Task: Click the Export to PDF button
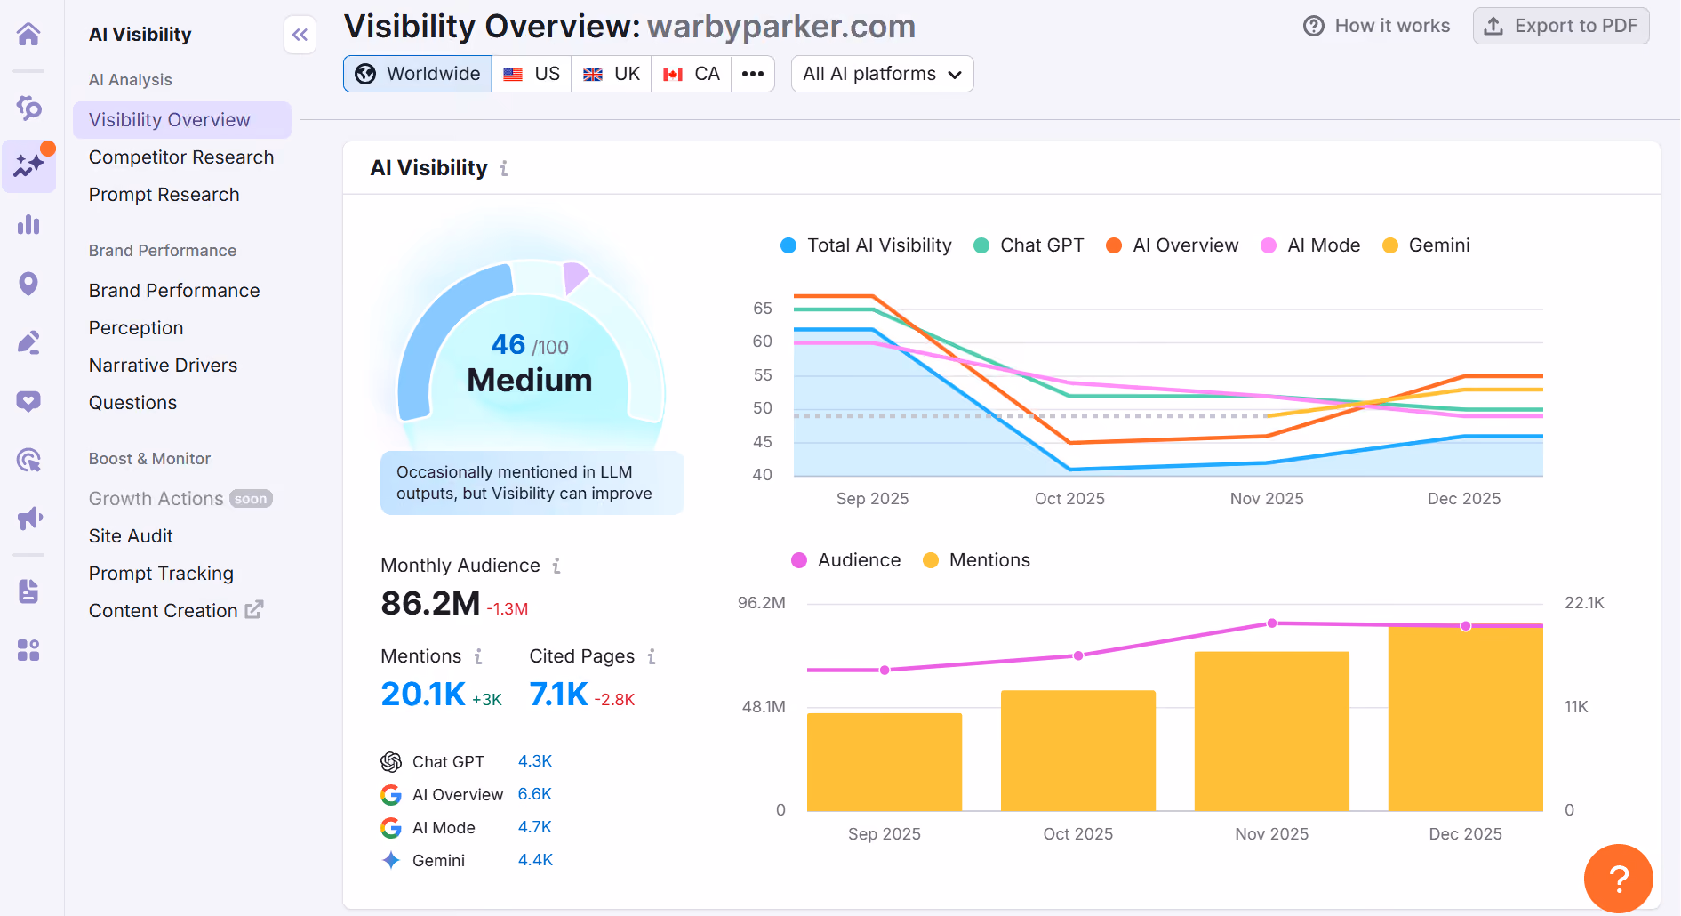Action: [1561, 26]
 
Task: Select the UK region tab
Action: [612, 74]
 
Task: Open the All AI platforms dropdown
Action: [882, 74]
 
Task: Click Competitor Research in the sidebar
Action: [181, 157]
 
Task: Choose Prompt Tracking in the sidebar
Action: [161, 574]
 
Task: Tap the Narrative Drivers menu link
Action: [163, 366]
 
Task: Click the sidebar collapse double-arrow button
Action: [300, 35]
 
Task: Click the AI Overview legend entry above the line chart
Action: [1172, 245]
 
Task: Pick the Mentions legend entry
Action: [976, 560]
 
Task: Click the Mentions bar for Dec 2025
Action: [1466, 719]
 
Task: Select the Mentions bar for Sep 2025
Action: [885, 762]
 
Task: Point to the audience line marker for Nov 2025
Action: [1272, 623]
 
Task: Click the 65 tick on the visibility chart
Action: [763, 309]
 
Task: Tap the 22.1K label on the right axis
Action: [1585, 603]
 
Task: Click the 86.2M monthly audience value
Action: [430, 604]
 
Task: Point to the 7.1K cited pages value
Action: [558, 695]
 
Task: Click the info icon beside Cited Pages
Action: [652, 656]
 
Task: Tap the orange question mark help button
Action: [1619, 879]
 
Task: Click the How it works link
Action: [1377, 26]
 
